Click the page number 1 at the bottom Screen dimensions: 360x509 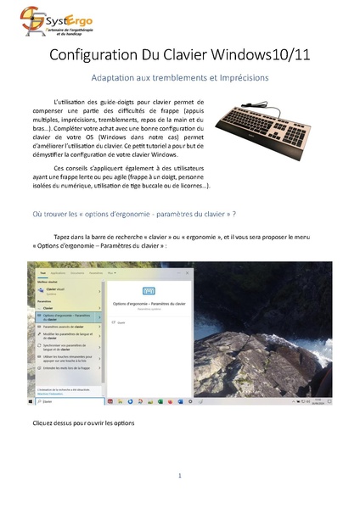click(180, 476)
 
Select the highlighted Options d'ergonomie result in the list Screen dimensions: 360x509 click(64, 317)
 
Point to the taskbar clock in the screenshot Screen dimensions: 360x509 click(318, 402)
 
